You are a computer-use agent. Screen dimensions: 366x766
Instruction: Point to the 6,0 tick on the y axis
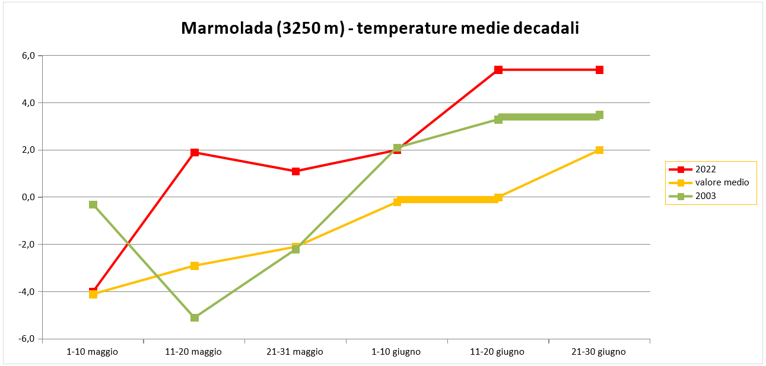tap(29, 56)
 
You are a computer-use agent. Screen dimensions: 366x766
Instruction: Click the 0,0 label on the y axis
tap(29, 197)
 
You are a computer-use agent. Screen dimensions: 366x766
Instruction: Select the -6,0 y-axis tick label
tap(28, 339)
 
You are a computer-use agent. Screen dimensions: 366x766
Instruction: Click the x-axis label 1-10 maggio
tap(93, 352)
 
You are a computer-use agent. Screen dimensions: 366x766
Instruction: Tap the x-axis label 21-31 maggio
tap(295, 352)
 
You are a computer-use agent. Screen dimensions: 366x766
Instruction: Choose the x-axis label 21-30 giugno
tap(599, 352)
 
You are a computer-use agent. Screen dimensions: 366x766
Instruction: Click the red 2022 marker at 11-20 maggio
tap(195, 153)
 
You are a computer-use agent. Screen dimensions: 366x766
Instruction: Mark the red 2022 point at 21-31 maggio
tap(295, 171)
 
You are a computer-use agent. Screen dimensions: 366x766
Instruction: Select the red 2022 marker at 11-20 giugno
tap(498, 70)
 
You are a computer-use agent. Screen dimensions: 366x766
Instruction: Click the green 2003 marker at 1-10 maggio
tap(93, 204)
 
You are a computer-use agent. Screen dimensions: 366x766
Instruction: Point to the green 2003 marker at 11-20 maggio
tap(195, 317)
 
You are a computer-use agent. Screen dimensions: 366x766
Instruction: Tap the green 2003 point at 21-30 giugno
tap(599, 115)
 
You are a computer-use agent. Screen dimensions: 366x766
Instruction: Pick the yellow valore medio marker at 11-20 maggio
tap(195, 265)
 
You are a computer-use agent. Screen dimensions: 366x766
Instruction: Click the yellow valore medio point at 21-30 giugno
tap(599, 150)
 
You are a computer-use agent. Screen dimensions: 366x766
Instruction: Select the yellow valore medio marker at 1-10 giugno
tap(397, 201)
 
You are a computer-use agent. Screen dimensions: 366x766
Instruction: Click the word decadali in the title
tap(544, 28)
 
